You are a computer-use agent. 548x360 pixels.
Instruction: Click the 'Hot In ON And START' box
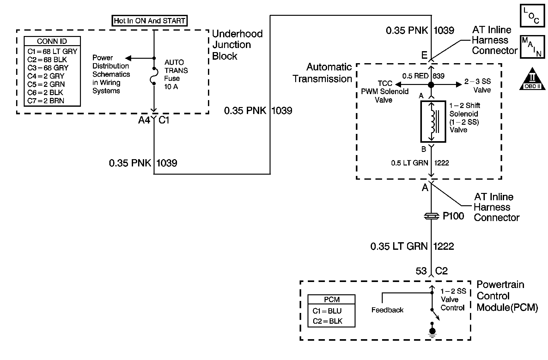click(150, 21)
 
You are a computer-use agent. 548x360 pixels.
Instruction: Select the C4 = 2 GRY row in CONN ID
click(46, 76)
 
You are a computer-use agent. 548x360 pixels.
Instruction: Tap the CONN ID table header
click(52, 41)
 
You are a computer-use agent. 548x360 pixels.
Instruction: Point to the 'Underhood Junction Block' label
click(237, 45)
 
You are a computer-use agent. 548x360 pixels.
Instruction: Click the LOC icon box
click(532, 15)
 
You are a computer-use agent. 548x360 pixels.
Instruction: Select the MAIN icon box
click(532, 46)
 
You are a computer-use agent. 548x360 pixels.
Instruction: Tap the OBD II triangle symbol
click(533, 79)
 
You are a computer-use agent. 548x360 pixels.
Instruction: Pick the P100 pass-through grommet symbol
click(431, 216)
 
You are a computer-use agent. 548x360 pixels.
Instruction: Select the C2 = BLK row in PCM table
click(328, 321)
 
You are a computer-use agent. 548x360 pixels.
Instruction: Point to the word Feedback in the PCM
click(387, 310)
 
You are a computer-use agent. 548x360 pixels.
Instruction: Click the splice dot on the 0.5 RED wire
click(431, 85)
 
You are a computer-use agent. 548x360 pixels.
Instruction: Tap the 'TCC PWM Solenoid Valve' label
click(385, 92)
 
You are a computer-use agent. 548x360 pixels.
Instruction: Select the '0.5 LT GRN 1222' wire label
click(420, 163)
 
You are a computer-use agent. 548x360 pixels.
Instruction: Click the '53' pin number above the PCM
click(421, 271)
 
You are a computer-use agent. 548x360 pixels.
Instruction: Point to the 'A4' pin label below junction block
click(144, 120)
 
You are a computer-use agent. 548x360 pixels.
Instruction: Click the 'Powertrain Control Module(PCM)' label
click(507, 296)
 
